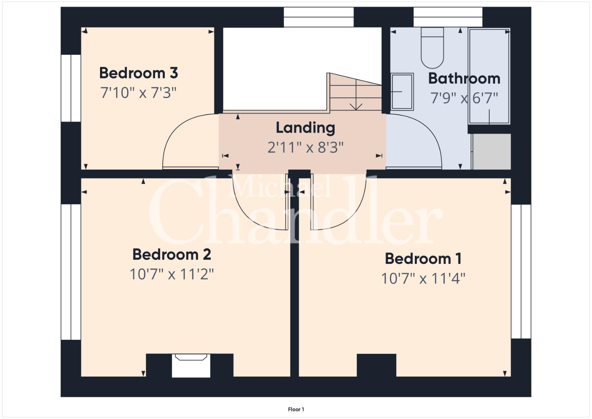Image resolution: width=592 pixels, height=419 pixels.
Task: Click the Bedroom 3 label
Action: coord(138,73)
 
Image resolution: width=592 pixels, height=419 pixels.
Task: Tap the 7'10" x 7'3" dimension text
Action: coord(138,93)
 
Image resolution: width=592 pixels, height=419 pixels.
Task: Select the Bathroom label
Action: coord(464,78)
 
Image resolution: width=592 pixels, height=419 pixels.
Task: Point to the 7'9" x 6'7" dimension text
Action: coord(464,98)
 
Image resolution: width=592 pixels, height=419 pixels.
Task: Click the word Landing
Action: coord(305,128)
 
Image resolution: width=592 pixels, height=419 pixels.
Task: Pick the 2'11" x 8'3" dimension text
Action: coord(305,147)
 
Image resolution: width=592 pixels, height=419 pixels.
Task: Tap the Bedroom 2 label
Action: coord(171,255)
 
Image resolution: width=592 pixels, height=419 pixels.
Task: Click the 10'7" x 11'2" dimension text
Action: coord(171,274)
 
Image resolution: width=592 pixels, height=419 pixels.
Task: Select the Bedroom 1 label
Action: coord(423,259)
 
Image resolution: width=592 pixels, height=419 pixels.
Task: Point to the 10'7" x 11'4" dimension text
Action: coord(423,279)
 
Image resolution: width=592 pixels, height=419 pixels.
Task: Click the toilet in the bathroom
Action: coord(432,48)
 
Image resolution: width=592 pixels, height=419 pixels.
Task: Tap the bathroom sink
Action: coord(402,92)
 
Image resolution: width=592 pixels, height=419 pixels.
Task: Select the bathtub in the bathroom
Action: coord(489,76)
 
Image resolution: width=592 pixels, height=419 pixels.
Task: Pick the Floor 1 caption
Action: coord(296,409)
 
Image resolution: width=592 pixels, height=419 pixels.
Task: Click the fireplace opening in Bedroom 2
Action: coord(191,365)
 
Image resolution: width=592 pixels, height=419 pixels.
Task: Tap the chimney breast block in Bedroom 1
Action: coord(376,365)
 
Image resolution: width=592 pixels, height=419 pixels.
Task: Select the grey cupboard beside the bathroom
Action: coord(492,152)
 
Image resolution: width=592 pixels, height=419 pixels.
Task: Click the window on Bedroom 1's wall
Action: coord(521,272)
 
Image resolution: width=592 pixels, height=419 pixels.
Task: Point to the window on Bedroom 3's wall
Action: coord(71,88)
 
